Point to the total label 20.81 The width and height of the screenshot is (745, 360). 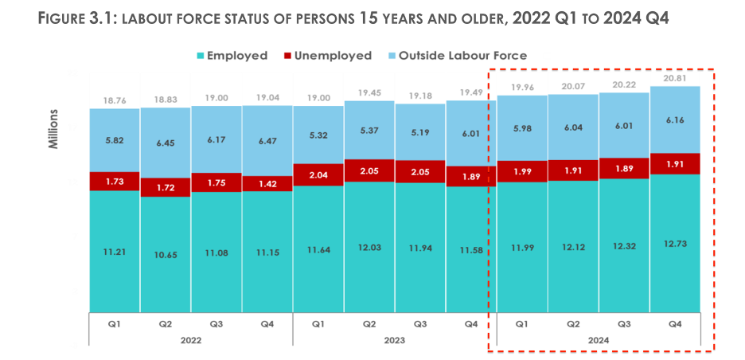pos(675,77)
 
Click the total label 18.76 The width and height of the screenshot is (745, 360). pos(115,100)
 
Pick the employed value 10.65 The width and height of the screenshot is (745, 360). pos(166,253)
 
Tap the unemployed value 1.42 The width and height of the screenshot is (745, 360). pos(267,182)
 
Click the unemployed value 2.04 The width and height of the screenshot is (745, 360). pos(318,175)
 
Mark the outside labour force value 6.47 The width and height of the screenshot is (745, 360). pos(267,139)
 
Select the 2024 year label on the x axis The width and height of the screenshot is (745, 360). pos(598,340)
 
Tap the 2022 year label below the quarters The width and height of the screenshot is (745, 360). pos(190,340)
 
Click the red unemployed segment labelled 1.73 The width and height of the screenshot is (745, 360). pos(115,182)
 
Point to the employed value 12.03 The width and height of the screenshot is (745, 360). pos(369,248)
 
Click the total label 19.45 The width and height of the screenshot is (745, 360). pos(369,92)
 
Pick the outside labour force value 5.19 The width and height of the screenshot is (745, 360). pos(420,131)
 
